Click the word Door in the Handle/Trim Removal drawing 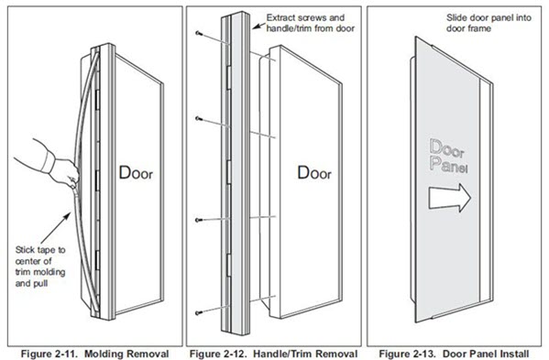(315, 171)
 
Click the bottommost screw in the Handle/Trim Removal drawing (199, 315)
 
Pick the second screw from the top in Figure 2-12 (199, 119)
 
